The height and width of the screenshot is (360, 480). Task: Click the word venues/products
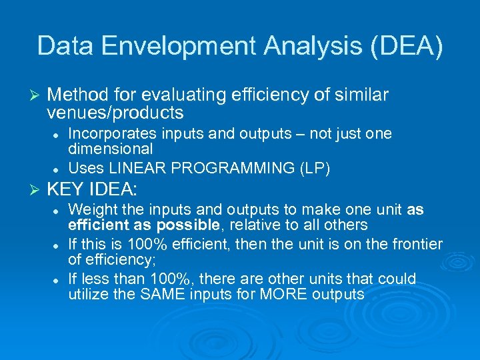[115, 112]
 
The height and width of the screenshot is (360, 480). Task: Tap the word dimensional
[111, 149]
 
